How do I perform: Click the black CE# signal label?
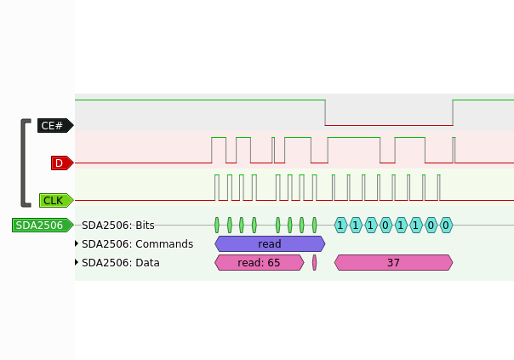pyautogui.click(x=55, y=126)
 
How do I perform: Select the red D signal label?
pyautogui.click(x=62, y=163)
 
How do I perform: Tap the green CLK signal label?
pyautogui.click(x=56, y=200)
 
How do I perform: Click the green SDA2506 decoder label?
pyautogui.click(x=43, y=226)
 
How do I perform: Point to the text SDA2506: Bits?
pyautogui.click(x=118, y=226)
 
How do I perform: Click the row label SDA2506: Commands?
pyautogui.click(x=137, y=244)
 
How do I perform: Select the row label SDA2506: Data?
pyautogui.click(x=121, y=263)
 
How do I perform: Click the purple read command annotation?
pyautogui.click(x=270, y=244)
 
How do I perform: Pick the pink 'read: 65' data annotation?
pyautogui.click(x=259, y=263)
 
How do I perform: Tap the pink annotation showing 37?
pyautogui.click(x=393, y=263)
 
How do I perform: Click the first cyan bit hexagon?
pyautogui.click(x=340, y=226)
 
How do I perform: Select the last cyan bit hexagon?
pyautogui.click(x=446, y=226)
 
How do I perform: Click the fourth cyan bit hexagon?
pyautogui.click(x=385, y=226)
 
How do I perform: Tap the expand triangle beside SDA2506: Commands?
pyautogui.click(x=77, y=243)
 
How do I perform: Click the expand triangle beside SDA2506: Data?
pyautogui.click(x=77, y=262)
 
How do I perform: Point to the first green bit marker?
pyautogui.click(x=217, y=226)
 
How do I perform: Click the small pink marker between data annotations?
pyautogui.click(x=315, y=263)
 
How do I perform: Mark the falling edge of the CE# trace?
pyautogui.click(x=325, y=112)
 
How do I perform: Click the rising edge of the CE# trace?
pyautogui.click(x=453, y=112)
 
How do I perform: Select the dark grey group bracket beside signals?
pyautogui.click(x=23, y=163)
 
